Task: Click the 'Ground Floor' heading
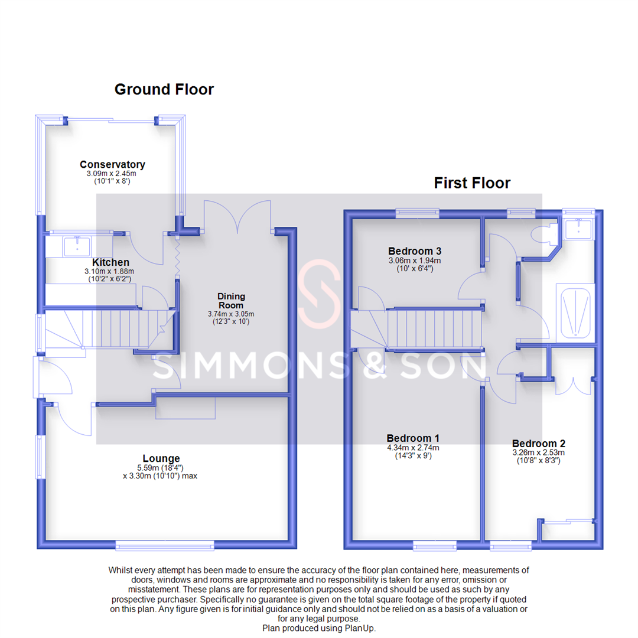[x=164, y=90]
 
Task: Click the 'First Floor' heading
[x=472, y=183]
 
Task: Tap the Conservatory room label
[x=112, y=165]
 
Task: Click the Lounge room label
[x=161, y=458]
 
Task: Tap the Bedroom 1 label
[x=413, y=438]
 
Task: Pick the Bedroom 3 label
[x=415, y=250]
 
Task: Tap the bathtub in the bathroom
[x=575, y=311]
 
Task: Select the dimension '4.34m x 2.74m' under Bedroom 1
[x=413, y=448]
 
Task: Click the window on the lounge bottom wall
[x=165, y=545]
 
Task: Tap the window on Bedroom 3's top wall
[x=417, y=213]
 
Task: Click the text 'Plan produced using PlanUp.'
[x=319, y=629]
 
